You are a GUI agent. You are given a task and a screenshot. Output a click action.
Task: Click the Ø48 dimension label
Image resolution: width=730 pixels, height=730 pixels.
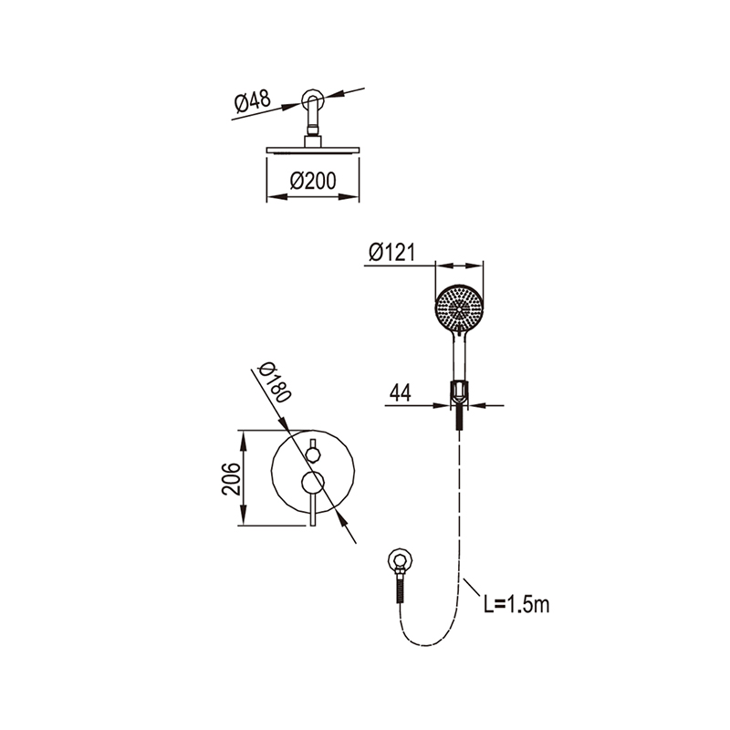point(252,101)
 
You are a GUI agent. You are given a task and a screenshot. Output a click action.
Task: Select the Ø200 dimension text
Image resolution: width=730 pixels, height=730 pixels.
point(313,181)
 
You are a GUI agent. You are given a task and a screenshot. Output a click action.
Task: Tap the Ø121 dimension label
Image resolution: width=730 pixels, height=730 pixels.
point(391,252)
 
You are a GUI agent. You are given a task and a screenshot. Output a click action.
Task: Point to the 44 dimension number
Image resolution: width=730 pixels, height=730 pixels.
point(401,392)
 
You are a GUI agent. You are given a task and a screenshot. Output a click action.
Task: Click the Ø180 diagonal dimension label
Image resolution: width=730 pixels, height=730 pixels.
point(275,381)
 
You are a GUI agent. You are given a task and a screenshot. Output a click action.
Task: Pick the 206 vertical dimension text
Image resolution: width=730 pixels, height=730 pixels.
point(232,478)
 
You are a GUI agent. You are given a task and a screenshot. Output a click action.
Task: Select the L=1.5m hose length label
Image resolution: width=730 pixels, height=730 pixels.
point(516,605)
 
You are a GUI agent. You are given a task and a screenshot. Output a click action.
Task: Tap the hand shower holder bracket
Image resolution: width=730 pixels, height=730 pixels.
point(460,392)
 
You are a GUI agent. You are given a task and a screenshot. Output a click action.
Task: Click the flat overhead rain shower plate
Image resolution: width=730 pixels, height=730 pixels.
point(313,150)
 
